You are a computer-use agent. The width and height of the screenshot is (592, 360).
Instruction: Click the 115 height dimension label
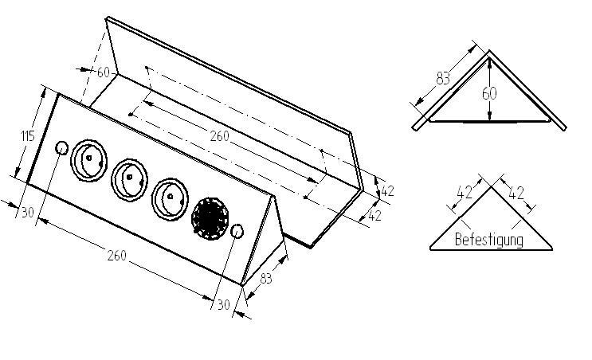coord(27,136)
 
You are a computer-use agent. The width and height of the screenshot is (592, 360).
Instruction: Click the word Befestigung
coord(488,239)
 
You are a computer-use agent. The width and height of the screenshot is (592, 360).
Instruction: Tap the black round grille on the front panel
coord(210,216)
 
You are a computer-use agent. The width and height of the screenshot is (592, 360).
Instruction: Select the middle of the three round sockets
coord(128,179)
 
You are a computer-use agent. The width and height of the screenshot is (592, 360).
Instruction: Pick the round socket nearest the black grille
coord(169,197)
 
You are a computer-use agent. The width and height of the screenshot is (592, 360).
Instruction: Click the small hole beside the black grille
coord(237,232)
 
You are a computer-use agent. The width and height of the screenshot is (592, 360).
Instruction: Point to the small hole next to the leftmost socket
coord(61,148)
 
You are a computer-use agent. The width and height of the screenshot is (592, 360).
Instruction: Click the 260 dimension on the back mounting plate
coord(219,136)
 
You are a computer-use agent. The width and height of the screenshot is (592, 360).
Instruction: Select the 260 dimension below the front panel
coord(116,256)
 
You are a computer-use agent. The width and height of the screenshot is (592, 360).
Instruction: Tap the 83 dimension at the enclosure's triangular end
coord(265,278)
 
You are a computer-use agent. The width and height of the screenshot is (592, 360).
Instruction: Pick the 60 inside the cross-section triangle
coord(489,93)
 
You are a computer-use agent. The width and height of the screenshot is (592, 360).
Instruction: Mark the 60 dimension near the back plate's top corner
coord(103,72)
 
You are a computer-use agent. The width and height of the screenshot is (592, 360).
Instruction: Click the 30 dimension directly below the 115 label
coord(27,212)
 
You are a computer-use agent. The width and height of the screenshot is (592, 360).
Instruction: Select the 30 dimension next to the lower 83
coord(223,304)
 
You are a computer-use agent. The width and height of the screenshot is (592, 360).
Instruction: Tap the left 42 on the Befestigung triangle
coord(465,191)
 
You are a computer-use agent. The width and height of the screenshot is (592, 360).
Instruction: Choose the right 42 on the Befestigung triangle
coord(516,191)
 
